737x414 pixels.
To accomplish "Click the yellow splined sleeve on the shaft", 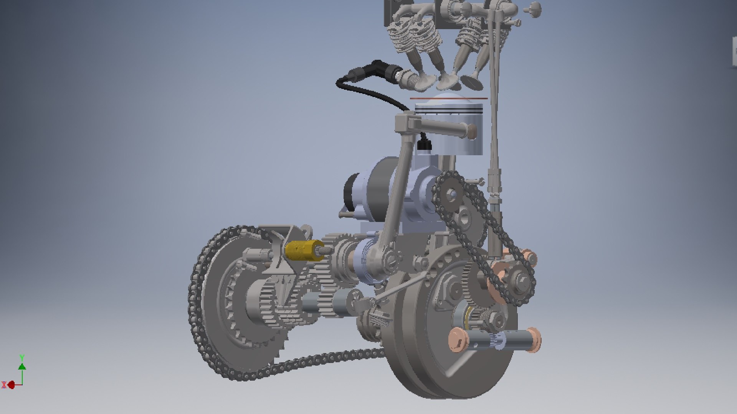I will [x=303, y=251].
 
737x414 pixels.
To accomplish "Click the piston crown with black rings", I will [x=448, y=105].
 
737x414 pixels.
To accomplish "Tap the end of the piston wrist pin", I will [x=471, y=132].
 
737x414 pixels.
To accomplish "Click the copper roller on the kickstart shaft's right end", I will [x=532, y=339].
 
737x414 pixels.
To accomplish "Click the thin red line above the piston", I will [x=448, y=99].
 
